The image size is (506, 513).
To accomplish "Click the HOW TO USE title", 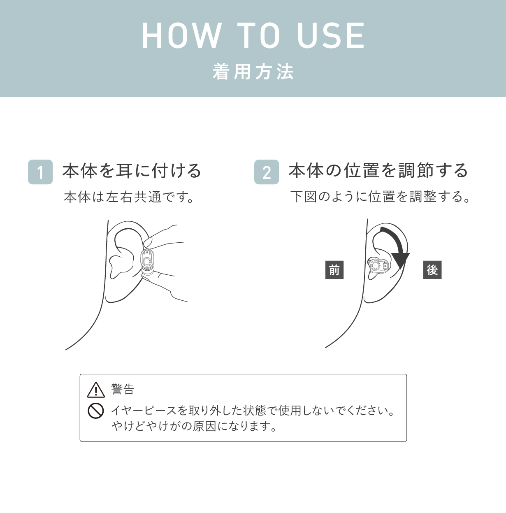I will pyautogui.click(x=253, y=36).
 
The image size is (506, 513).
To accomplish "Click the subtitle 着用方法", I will pyautogui.click(x=253, y=72).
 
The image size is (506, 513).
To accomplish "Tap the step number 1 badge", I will pyautogui.click(x=40, y=172).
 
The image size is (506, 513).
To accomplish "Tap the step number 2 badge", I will pyautogui.click(x=267, y=172).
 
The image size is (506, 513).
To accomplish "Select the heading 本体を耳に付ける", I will pyautogui.click(x=132, y=171).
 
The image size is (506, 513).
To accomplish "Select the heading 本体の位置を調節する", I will pyautogui.click(x=378, y=171).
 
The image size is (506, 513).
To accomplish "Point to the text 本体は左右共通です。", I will pyautogui.click(x=129, y=197).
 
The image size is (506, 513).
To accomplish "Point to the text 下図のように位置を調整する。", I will pyautogui.click(x=381, y=197).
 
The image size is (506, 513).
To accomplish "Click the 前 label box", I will pyautogui.click(x=334, y=270).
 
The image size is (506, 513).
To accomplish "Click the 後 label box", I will pyautogui.click(x=432, y=270).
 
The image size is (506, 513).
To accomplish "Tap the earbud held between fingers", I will pyautogui.click(x=147, y=260).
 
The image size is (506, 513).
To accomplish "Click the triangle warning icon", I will pyautogui.click(x=96, y=390).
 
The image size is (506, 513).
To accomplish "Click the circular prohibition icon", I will pyautogui.click(x=96, y=411).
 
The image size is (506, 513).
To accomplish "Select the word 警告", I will pyautogui.click(x=123, y=389).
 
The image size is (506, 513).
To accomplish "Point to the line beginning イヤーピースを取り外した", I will pyautogui.click(x=253, y=411).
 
